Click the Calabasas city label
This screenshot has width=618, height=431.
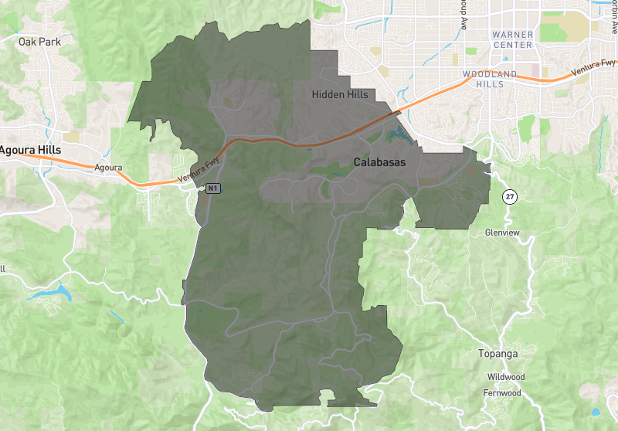click(x=379, y=162)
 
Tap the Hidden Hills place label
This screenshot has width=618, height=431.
click(x=340, y=94)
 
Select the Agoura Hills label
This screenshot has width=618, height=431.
click(x=30, y=148)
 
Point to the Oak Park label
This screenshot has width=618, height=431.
click(x=39, y=41)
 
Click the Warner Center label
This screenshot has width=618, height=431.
click(x=512, y=39)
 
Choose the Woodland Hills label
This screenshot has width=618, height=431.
click(x=488, y=79)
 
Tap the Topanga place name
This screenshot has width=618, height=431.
click(x=497, y=354)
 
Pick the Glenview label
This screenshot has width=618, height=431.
click(x=502, y=232)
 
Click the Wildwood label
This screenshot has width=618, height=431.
click(x=506, y=377)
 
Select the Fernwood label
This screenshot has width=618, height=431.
click(x=504, y=392)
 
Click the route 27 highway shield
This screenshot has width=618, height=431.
click(x=509, y=196)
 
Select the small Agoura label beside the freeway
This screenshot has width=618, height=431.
click(x=108, y=167)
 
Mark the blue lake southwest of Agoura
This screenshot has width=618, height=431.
click(x=48, y=294)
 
